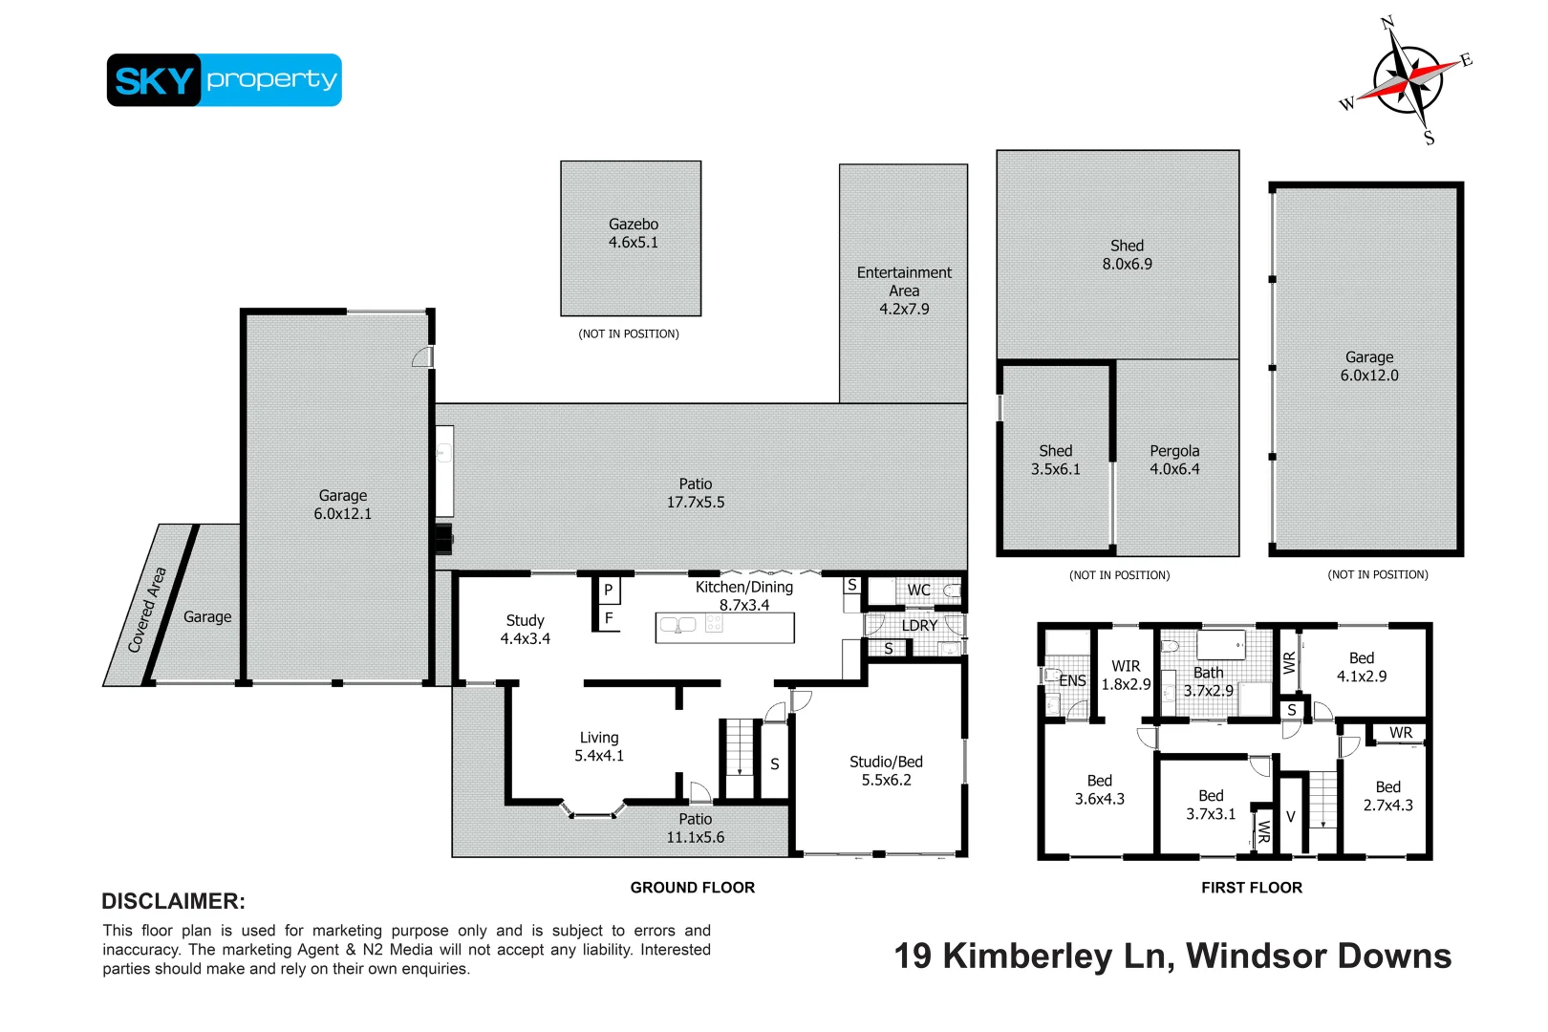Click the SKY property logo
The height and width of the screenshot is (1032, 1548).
click(224, 80)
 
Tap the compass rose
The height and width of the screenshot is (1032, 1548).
click(1408, 80)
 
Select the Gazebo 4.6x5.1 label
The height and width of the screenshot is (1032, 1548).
click(633, 233)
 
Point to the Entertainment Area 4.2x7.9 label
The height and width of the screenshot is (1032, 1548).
click(904, 290)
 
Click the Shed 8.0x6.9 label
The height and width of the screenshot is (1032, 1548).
click(1127, 255)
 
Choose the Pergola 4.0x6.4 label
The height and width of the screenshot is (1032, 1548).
click(1174, 460)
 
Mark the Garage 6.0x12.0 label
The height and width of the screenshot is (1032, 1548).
click(1368, 366)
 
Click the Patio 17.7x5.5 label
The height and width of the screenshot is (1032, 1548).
click(695, 493)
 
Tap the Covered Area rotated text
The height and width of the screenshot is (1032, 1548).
click(147, 610)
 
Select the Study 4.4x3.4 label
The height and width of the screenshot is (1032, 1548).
click(525, 630)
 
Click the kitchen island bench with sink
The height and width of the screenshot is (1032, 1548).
click(724, 627)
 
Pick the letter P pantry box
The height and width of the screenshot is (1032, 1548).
click(608, 591)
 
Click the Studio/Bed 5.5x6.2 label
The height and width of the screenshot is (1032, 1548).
click(886, 770)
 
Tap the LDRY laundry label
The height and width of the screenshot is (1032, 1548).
click(919, 626)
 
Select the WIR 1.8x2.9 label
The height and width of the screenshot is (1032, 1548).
click(1126, 675)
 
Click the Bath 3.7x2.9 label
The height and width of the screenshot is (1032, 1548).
click(1208, 681)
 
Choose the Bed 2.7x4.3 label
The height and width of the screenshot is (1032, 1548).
click(1387, 796)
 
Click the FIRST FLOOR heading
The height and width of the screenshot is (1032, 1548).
click(1251, 888)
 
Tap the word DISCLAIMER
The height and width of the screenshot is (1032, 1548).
click(173, 901)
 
